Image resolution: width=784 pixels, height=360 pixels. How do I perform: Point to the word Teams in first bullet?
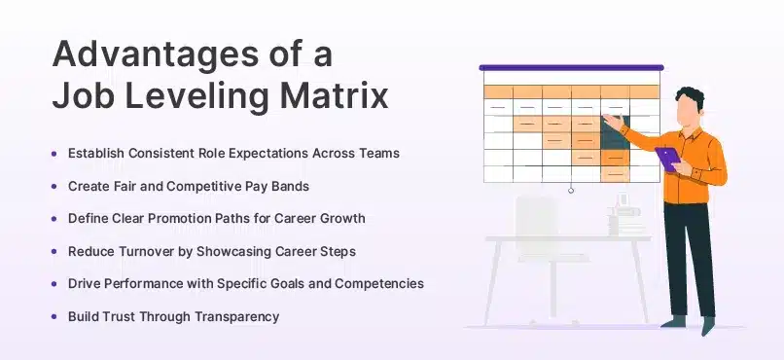click(377, 153)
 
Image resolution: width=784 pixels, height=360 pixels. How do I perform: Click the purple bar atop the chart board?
click(570, 68)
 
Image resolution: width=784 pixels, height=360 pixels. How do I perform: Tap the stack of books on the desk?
click(623, 215)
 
